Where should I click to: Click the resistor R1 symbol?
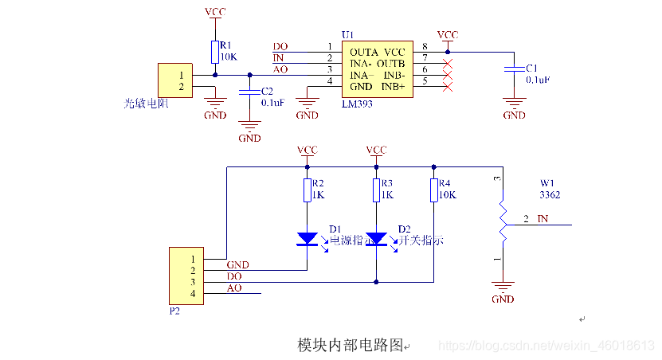coord(214,52)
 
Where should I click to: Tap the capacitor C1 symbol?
coord(515,72)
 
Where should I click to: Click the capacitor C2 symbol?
coord(250,93)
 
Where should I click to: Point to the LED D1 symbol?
coord(307,238)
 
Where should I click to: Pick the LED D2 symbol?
coord(376,238)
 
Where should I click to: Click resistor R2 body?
coord(307,190)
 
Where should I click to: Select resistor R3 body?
coord(376,190)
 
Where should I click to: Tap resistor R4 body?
coord(433,190)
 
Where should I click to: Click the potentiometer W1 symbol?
coord(502,219)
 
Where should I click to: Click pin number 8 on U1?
coord(425,46)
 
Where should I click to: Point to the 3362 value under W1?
coord(550,194)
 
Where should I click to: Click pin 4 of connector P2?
coord(192,294)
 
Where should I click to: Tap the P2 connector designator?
coord(174,311)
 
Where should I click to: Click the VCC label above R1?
coord(214,13)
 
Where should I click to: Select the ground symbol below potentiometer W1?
coord(502,288)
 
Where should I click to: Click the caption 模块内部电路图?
coord(351,345)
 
